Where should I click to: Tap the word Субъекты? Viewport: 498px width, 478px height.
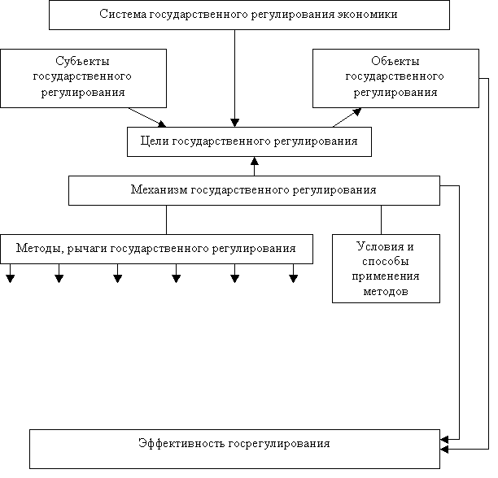[82, 61]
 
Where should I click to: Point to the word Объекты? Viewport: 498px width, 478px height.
[395, 61]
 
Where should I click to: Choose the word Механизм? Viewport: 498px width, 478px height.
[159, 189]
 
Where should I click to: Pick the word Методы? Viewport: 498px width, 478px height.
[39, 249]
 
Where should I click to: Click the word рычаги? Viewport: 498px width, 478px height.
[87, 249]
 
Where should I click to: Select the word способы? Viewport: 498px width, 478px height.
[386, 262]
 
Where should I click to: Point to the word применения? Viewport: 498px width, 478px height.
[386, 276]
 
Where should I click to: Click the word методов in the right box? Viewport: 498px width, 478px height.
[386, 292]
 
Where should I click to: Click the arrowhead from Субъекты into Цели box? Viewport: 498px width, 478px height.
[162, 124]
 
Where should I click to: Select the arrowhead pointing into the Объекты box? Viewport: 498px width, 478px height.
[357, 111]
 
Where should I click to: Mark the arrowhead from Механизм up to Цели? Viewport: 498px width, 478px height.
[255, 161]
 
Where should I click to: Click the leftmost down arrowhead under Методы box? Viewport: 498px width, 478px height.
[10, 279]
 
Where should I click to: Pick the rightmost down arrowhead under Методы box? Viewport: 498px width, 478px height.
[294, 279]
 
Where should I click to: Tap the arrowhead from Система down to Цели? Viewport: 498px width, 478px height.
[234, 123]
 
